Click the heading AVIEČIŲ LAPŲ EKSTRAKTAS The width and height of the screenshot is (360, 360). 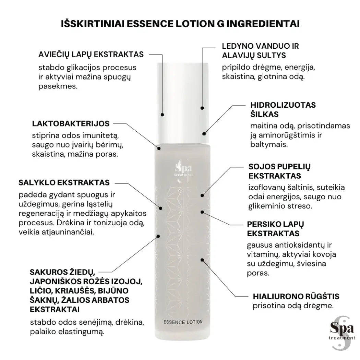[91, 55]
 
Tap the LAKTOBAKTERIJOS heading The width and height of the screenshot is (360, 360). [71, 123]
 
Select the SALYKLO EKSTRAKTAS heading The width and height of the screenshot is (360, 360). [64, 182]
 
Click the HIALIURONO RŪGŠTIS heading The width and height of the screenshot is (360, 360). [296, 296]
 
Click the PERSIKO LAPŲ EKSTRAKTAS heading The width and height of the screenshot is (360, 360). [276, 229]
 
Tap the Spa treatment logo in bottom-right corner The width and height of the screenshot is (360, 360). [340, 331]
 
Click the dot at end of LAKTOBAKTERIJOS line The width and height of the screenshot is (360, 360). [159, 148]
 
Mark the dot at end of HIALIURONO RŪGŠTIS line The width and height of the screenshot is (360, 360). [202, 260]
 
